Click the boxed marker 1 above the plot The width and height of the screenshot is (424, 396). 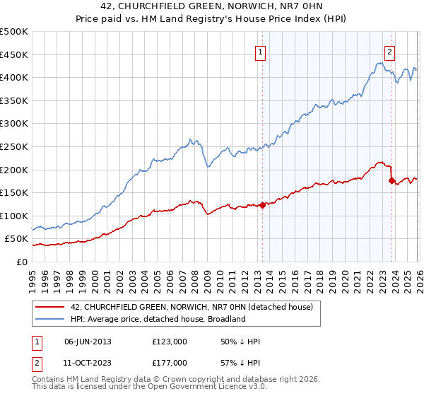coord(261,52)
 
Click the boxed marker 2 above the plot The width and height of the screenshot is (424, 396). coord(390,52)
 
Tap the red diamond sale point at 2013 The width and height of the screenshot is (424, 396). coord(262,205)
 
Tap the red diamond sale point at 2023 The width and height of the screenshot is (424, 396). coord(391,180)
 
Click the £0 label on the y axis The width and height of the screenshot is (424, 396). coord(21,262)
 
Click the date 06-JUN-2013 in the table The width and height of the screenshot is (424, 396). coord(88,342)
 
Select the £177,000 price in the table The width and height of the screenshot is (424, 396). coord(169,362)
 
